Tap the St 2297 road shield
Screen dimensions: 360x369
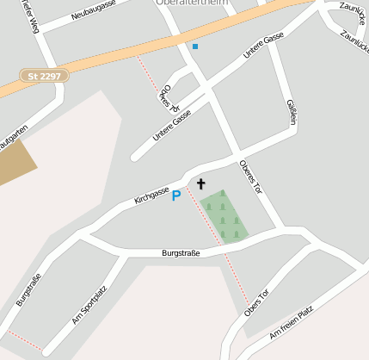coord(44,76)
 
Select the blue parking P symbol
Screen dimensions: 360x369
coord(176,196)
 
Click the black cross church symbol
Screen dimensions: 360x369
coord(201,183)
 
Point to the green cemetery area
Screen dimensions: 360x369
coord(224,216)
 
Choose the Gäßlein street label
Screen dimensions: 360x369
coord(291,113)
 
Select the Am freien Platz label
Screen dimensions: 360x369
coord(291,321)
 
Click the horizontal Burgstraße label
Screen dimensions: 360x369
coord(181,253)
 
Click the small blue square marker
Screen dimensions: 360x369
coord(195,46)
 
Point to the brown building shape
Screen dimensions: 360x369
coord(15,161)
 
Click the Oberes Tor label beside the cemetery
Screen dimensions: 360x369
coord(255,177)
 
